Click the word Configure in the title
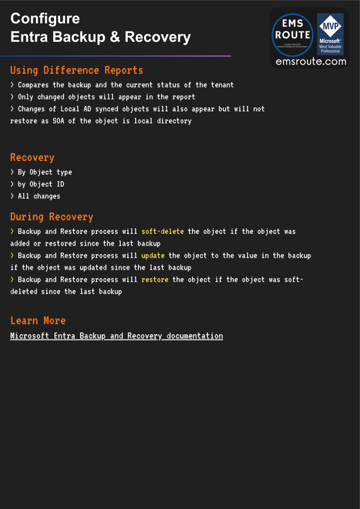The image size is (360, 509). click(45, 18)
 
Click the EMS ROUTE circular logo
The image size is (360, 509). click(292, 35)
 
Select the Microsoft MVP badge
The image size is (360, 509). click(330, 34)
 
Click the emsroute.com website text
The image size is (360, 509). click(311, 62)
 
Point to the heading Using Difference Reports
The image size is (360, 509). click(77, 70)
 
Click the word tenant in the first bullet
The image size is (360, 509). click(222, 85)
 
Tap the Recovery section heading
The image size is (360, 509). click(32, 158)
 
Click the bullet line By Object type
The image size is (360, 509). click(45, 172)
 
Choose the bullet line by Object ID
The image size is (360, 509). click(41, 184)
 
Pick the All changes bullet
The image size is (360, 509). click(39, 196)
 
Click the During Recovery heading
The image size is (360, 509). click(52, 217)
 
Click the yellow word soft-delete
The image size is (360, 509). click(163, 231)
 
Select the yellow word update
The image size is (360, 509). click(153, 255)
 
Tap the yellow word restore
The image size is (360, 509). click(155, 280)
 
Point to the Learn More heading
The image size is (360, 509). click(38, 320)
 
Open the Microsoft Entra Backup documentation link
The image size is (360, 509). click(116, 336)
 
